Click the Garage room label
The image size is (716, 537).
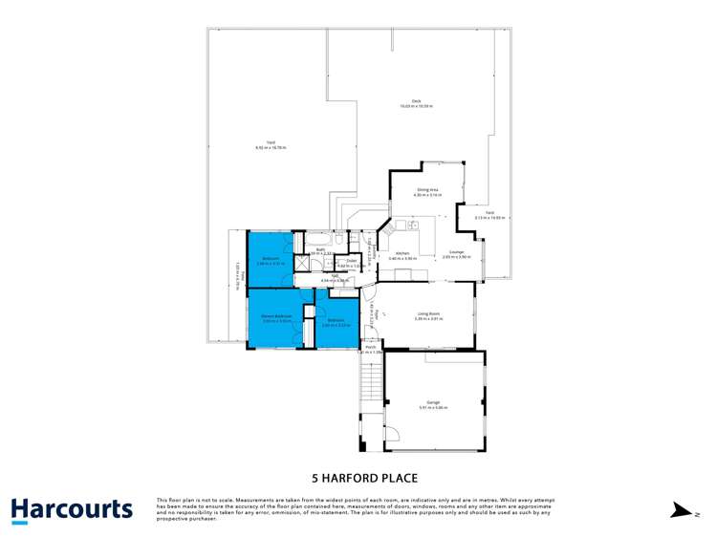pos(432,404)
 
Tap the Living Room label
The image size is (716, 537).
pos(425,313)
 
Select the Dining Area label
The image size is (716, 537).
pos(426,190)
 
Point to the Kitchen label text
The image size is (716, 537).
pos(401,253)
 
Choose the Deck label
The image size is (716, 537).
pos(416,101)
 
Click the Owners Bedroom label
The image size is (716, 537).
pos(276,315)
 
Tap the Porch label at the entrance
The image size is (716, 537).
pos(370,347)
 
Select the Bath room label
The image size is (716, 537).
pos(320,249)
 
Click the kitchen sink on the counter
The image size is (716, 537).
pos(412,226)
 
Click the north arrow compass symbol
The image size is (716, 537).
pos(681,510)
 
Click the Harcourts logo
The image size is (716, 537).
pos(72,509)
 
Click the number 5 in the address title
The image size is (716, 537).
pos(315,478)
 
